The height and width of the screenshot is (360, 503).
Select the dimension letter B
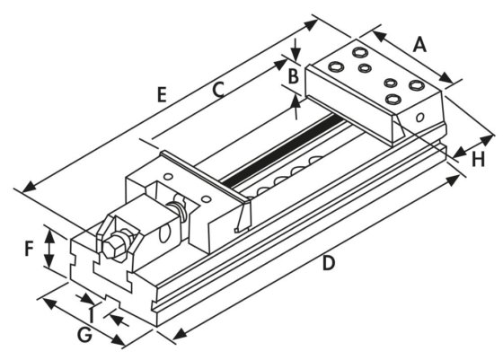(x=292, y=76)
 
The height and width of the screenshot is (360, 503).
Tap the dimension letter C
(x=217, y=90)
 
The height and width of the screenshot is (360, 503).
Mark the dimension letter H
(x=479, y=159)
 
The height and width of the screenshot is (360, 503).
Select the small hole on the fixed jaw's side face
(x=419, y=117)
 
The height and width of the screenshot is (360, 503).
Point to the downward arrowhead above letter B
(x=296, y=57)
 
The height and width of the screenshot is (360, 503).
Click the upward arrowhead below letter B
(x=296, y=100)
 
